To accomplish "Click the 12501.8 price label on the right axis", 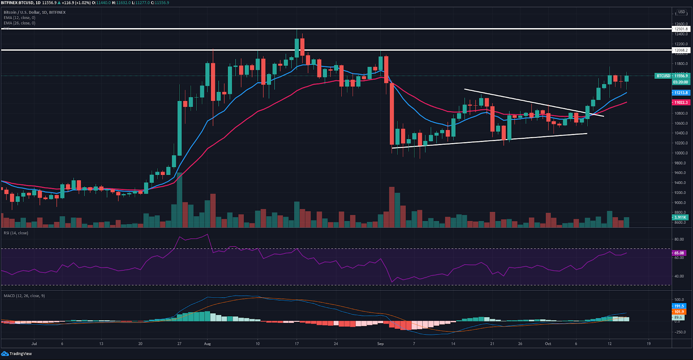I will point(681,29).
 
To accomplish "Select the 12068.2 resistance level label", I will point(681,50).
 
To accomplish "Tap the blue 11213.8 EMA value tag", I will point(681,93).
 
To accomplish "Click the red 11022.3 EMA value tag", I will point(681,103).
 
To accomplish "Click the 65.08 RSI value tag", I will point(679,253).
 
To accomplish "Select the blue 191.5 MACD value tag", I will point(679,306).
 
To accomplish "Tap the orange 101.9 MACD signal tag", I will point(679,312).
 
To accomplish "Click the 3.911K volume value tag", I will point(680,217).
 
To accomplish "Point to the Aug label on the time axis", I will point(207,344).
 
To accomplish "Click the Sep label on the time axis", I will point(380,344).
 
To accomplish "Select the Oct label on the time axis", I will point(548,344).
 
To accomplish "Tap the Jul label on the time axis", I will point(34,344).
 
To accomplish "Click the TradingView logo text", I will point(21,354).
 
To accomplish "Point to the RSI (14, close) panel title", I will point(16,233).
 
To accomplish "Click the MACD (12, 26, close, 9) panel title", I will point(24,296).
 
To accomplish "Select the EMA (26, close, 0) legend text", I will point(19,23).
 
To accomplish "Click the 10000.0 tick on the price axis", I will point(681,153).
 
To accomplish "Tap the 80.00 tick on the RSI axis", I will point(679,239).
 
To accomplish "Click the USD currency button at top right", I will point(682,12).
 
